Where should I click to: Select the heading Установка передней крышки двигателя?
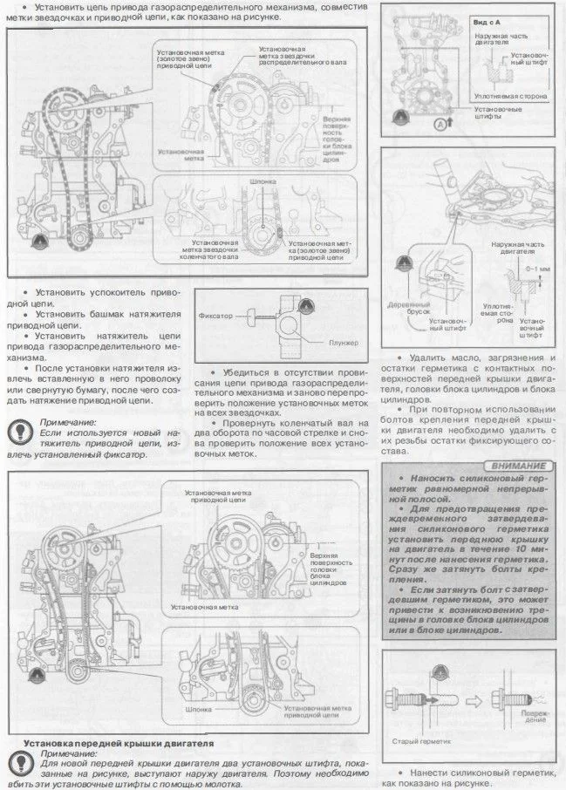(119, 743)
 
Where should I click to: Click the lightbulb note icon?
(17, 429)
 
